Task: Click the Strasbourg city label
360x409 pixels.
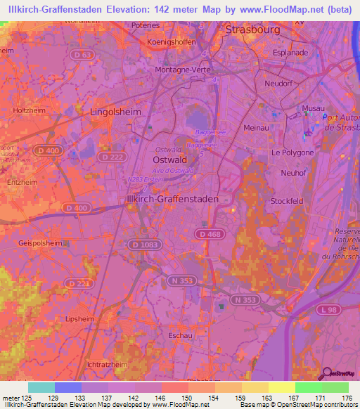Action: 252,30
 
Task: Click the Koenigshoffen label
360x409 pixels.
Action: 171,41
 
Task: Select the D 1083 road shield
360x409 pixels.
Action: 143,243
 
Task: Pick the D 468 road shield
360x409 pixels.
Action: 209,233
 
